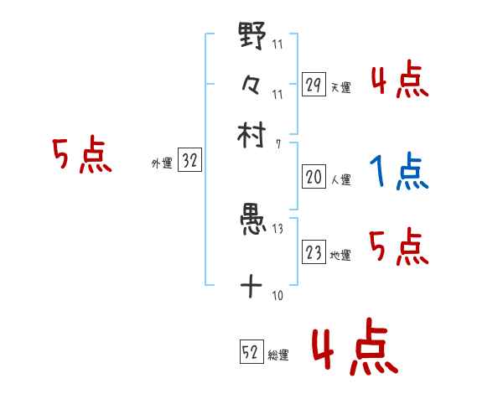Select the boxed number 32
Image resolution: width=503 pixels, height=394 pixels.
189,163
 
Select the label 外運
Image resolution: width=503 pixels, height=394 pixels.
161,164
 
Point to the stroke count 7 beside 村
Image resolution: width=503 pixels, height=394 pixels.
277,144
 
